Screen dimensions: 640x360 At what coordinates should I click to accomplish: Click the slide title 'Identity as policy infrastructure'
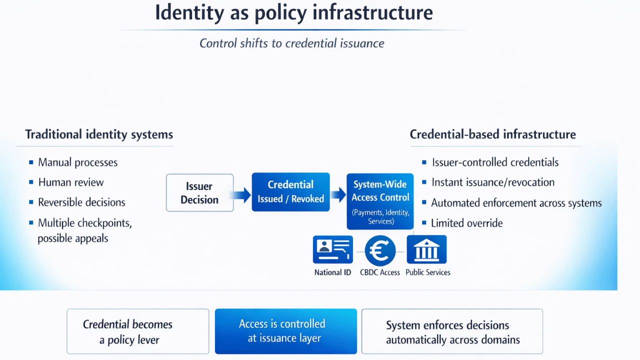click(293, 13)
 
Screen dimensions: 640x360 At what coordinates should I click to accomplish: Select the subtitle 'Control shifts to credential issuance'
click(291, 43)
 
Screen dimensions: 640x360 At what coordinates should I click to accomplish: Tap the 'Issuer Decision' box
click(199, 193)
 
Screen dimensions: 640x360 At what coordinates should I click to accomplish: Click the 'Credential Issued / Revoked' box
click(290, 192)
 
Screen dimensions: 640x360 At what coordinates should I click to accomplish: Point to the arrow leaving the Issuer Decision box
click(242, 194)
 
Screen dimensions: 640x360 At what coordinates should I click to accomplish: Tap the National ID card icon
click(332, 249)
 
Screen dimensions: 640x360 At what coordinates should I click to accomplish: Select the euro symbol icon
click(380, 250)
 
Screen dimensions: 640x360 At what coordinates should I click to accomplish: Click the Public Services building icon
click(426, 249)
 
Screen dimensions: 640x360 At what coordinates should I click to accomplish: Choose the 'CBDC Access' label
click(380, 272)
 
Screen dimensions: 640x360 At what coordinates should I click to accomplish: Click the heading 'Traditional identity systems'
click(99, 134)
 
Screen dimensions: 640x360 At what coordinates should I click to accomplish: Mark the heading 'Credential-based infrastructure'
click(492, 134)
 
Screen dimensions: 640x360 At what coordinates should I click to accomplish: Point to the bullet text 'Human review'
click(71, 182)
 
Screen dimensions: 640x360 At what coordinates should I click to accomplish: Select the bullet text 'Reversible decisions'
click(81, 202)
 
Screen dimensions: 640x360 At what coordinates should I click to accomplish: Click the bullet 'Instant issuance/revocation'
click(492, 182)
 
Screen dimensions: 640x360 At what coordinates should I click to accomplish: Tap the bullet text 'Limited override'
click(467, 223)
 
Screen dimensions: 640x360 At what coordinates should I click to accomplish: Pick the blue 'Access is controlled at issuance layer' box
click(285, 331)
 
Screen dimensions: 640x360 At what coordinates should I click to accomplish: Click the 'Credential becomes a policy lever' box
click(137, 331)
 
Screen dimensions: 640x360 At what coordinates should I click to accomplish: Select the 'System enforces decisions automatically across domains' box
click(452, 332)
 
